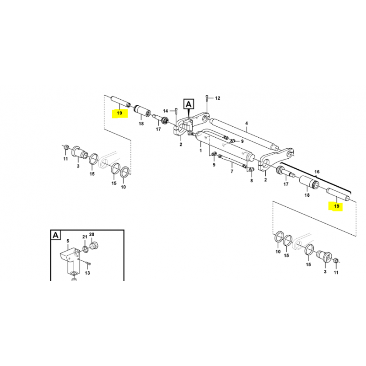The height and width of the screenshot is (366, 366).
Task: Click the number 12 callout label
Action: coord(217,98)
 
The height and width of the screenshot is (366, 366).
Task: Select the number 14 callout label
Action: coord(166,111)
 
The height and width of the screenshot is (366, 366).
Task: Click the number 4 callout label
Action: coord(247,123)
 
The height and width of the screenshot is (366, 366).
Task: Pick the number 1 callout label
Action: coord(200,151)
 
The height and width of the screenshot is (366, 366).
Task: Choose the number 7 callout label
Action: coord(232,171)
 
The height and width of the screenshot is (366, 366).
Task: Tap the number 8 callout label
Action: coord(251,180)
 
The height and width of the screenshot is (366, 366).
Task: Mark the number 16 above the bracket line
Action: coord(317,172)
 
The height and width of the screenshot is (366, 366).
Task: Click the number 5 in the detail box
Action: coord(68,241)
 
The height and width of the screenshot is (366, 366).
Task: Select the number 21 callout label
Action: coord(85,237)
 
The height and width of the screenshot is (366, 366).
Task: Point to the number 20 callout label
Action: coord(92,234)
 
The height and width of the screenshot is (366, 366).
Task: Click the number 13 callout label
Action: coord(87,273)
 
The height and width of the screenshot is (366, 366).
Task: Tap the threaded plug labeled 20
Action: coord(94,246)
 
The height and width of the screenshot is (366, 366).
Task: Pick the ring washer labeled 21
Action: coord(86,249)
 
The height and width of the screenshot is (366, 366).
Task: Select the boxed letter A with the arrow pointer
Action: coord(188,104)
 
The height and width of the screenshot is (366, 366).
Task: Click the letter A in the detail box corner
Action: coord(55,235)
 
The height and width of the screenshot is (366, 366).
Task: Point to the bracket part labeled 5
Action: coord(70,259)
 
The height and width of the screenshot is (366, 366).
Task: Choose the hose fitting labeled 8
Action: coord(251,169)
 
